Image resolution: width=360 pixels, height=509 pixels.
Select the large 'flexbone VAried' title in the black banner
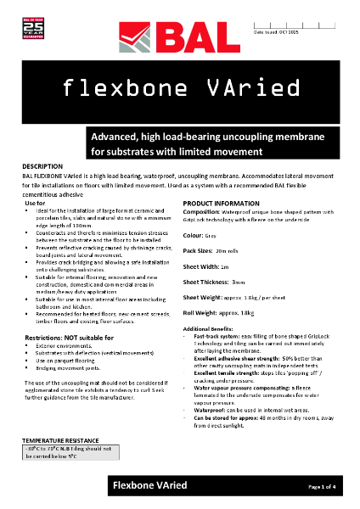[x=179, y=86]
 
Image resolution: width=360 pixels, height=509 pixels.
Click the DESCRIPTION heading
[x=43, y=166]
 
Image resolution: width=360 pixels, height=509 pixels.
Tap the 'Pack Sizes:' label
[x=201, y=252]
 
